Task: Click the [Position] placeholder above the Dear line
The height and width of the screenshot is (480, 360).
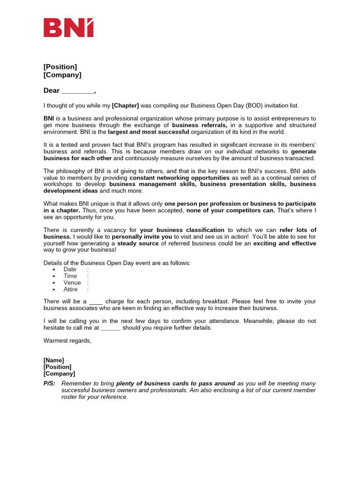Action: (x=60, y=67)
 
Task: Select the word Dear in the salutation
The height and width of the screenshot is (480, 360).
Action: (x=52, y=90)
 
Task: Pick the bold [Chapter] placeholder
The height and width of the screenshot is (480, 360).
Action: (x=125, y=105)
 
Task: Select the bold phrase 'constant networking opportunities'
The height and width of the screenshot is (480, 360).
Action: (x=180, y=178)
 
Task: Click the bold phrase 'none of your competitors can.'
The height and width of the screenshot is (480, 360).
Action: (x=231, y=210)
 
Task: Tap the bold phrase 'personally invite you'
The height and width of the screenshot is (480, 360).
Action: (x=142, y=237)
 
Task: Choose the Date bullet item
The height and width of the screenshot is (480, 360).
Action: (x=70, y=270)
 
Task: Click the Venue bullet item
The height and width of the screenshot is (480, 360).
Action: (x=72, y=283)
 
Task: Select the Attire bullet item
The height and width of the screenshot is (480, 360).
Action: (x=71, y=289)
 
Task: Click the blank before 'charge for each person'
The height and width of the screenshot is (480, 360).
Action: (x=96, y=301)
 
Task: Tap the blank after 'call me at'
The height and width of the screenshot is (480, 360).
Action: (x=111, y=328)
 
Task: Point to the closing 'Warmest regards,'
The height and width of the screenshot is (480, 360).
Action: (x=67, y=340)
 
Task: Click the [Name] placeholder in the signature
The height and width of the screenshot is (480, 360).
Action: (x=54, y=360)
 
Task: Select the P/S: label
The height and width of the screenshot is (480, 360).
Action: (x=49, y=383)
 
